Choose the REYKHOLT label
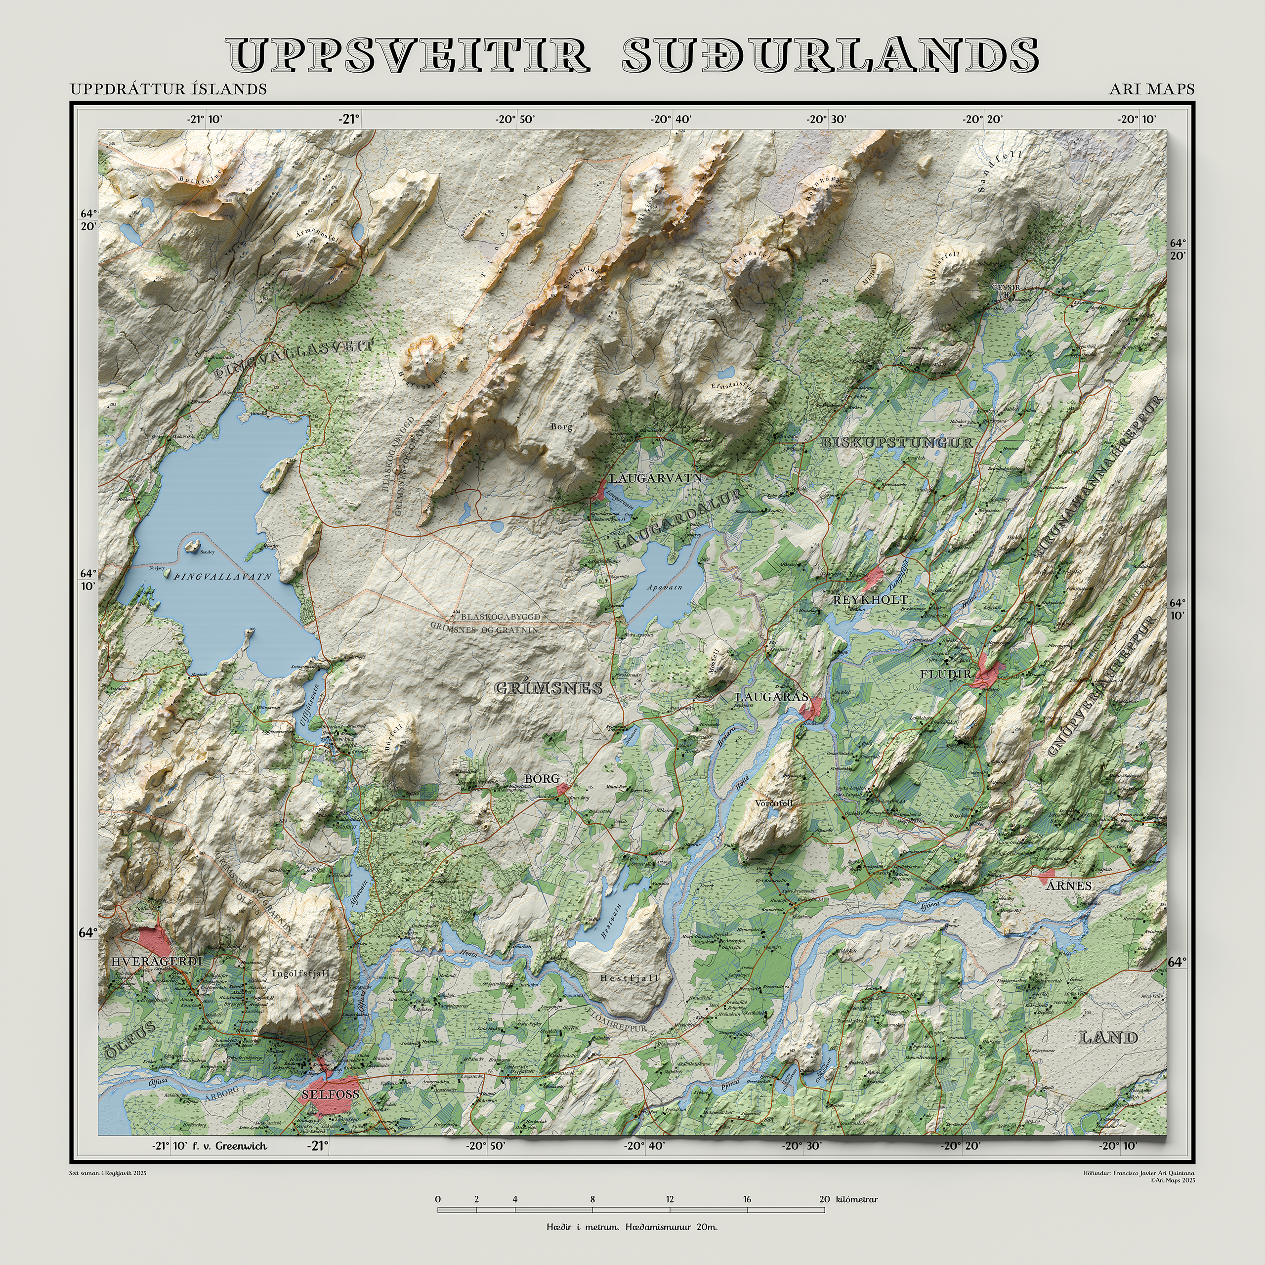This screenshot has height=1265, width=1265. point(870,600)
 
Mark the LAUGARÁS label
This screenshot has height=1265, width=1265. point(771,697)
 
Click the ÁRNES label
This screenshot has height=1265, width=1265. point(1068,886)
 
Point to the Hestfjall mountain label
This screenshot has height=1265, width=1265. point(629,978)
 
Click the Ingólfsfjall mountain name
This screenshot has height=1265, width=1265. point(300,973)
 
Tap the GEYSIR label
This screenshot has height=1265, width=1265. point(1006,288)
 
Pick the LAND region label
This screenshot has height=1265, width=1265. point(1108,1038)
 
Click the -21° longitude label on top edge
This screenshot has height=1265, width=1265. point(349,119)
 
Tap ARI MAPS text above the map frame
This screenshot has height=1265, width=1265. point(1151,89)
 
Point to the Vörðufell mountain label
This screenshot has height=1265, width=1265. point(774,803)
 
